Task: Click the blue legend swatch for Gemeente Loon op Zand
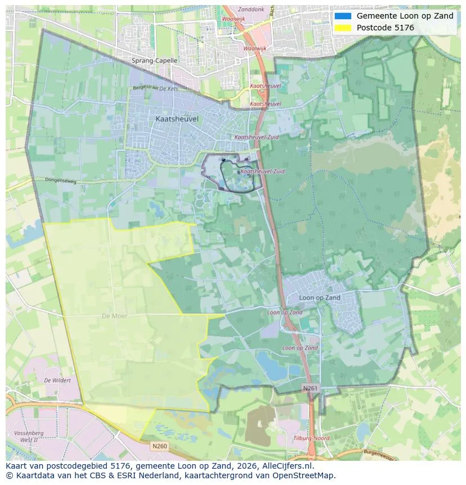click(x=342, y=16)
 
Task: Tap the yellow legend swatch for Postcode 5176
click(x=342, y=28)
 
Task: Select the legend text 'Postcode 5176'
click(x=385, y=28)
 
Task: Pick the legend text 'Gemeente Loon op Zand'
click(x=405, y=16)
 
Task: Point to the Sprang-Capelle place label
click(x=154, y=60)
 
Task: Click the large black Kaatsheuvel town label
click(x=177, y=119)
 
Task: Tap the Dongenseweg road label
click(x=60, y=180)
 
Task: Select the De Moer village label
click(x=114, y=316)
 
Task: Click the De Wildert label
click(x=57, y=380)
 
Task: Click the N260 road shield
click(x=160, y=446)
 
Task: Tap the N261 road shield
click(x=310, y=389)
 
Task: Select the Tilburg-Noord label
click(x=311, y=438)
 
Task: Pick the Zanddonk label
click(x=250, y=10)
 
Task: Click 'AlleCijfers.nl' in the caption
click(x=284, y=466)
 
